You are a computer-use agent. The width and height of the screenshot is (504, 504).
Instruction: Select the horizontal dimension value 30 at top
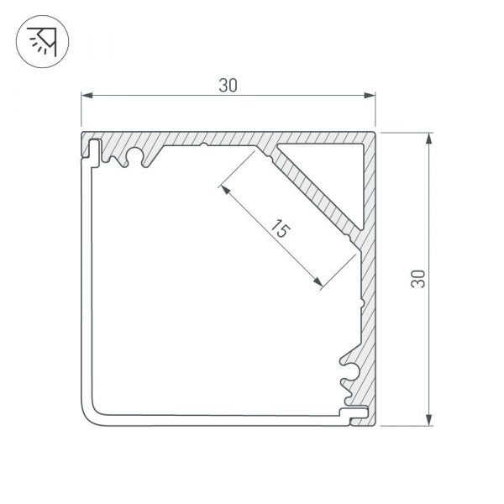[x=227, y=85]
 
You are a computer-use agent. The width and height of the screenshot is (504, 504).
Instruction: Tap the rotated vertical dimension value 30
[x=417, y=279]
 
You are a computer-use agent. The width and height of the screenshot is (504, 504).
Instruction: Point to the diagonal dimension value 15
[x=281, y=230]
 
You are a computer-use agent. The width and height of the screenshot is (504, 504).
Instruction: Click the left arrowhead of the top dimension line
[x=85, y=97]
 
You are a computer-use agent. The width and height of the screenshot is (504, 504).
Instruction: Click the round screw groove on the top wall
[x=131, y=155]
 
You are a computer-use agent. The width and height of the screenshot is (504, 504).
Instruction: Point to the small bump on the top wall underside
[x=204, y=147]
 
